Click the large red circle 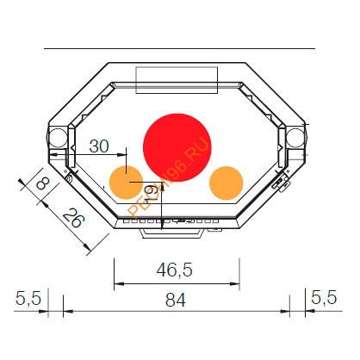tap(177, 145)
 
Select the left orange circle tap(126, 182)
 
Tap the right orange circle tap(227, 182)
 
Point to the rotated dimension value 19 tap(152, 195)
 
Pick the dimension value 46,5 tap(174, 270)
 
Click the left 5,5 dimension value tap(28, 299)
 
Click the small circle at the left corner tap(57, 137)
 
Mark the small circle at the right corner tap(295, 137)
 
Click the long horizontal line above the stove tap(177, 50)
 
